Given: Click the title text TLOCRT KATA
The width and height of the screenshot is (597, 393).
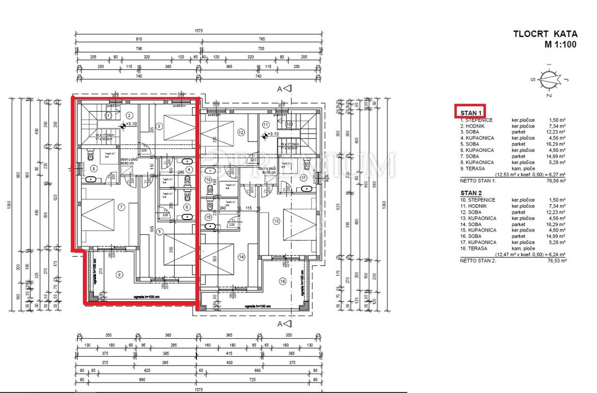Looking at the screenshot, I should click(x=545, y=34).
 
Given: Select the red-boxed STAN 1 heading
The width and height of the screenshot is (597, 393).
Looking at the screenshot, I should click(x=470, y=112).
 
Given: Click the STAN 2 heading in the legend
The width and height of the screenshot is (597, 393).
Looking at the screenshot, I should click(x=471, y=192).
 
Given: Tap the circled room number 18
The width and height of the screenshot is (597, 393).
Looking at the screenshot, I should click(x=282, y=281).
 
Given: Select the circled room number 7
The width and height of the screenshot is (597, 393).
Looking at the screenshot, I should click(x=120, y=207).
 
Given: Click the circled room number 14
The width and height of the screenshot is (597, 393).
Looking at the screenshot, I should click(x=241, y=257).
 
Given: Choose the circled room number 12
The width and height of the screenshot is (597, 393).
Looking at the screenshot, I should click(x=241, y=132).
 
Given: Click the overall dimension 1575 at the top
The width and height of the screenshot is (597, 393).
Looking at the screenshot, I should click(x=199, y=31).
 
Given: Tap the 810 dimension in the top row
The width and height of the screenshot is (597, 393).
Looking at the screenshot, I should click(x=138, y=39).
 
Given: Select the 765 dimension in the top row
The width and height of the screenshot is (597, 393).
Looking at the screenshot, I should click(x=261, y=39).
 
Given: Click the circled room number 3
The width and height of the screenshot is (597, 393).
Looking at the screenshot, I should click(x=159, y=127).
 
